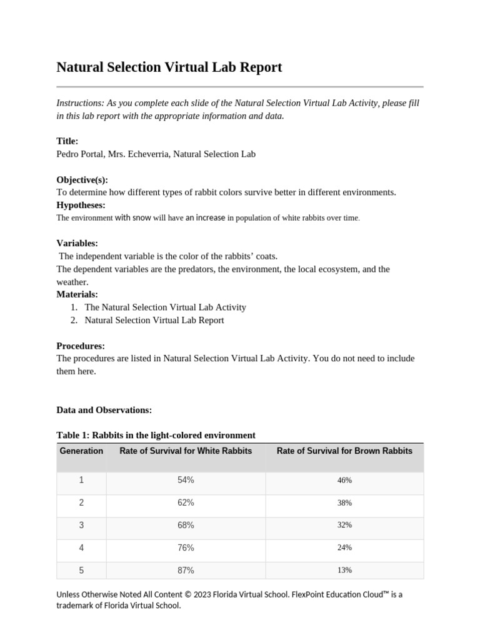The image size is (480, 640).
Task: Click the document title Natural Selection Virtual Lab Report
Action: tap(169, 67)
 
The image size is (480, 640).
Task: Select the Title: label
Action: tap(67, 141)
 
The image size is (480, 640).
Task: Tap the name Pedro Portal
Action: tap(80, 154)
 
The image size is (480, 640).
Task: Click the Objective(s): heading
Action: tap(82, 180)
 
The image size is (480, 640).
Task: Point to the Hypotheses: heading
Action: tap(81, 205)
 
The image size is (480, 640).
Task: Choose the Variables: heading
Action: tap(77, 243)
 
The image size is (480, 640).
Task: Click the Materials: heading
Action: tap(77, 294)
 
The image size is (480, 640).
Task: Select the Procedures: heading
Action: tap(81, 346)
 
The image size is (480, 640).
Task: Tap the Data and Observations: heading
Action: tap(104, 410)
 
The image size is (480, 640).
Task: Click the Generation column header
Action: tap(81, 451)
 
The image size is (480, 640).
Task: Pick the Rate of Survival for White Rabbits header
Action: tap(186, 451)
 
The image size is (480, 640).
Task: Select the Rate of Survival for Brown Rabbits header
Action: tap(344, 451)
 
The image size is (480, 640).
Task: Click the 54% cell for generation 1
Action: tap(186, 480)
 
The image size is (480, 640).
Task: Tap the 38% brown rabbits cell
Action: tap(344, 502)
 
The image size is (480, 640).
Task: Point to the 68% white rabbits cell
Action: tap(186, 525)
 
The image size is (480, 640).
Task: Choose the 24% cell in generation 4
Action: tap(344, 547)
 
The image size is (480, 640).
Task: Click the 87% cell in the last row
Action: tap(186, 570)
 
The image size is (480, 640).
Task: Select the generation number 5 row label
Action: tap(81, 570)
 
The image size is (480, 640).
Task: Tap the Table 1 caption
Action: tap(156, 435)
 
